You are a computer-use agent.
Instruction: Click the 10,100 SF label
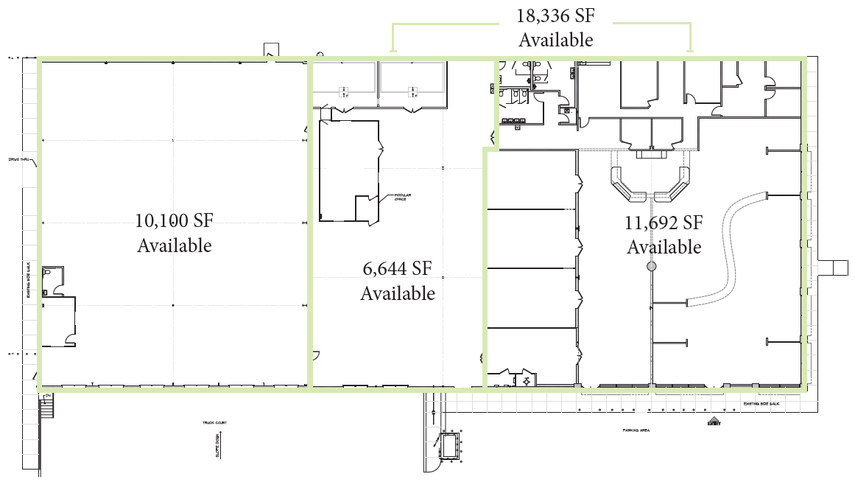tap(174, 220)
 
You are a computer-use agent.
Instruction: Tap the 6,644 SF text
tap(397, 268)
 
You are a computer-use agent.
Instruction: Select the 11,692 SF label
tap(664, 222)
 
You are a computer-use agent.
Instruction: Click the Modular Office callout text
tap(402, 198)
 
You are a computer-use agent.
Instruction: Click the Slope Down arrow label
tap(219, 446)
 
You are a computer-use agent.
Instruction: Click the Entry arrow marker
tap(712, 422)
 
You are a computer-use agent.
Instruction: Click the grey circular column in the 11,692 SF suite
tap(651, 266)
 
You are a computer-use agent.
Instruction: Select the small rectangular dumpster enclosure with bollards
tap(448, 444)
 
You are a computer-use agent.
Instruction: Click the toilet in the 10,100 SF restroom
tap(47, 272)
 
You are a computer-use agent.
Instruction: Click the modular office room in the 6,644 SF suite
tap(349, 170)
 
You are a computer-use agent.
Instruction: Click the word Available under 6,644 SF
tap(398, 293)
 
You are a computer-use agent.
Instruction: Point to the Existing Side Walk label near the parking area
tap(761, 404)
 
